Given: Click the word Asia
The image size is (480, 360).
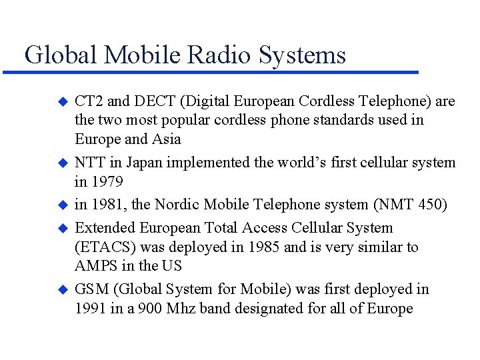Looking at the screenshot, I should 166,140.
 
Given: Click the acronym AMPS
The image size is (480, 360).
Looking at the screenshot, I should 97,266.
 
